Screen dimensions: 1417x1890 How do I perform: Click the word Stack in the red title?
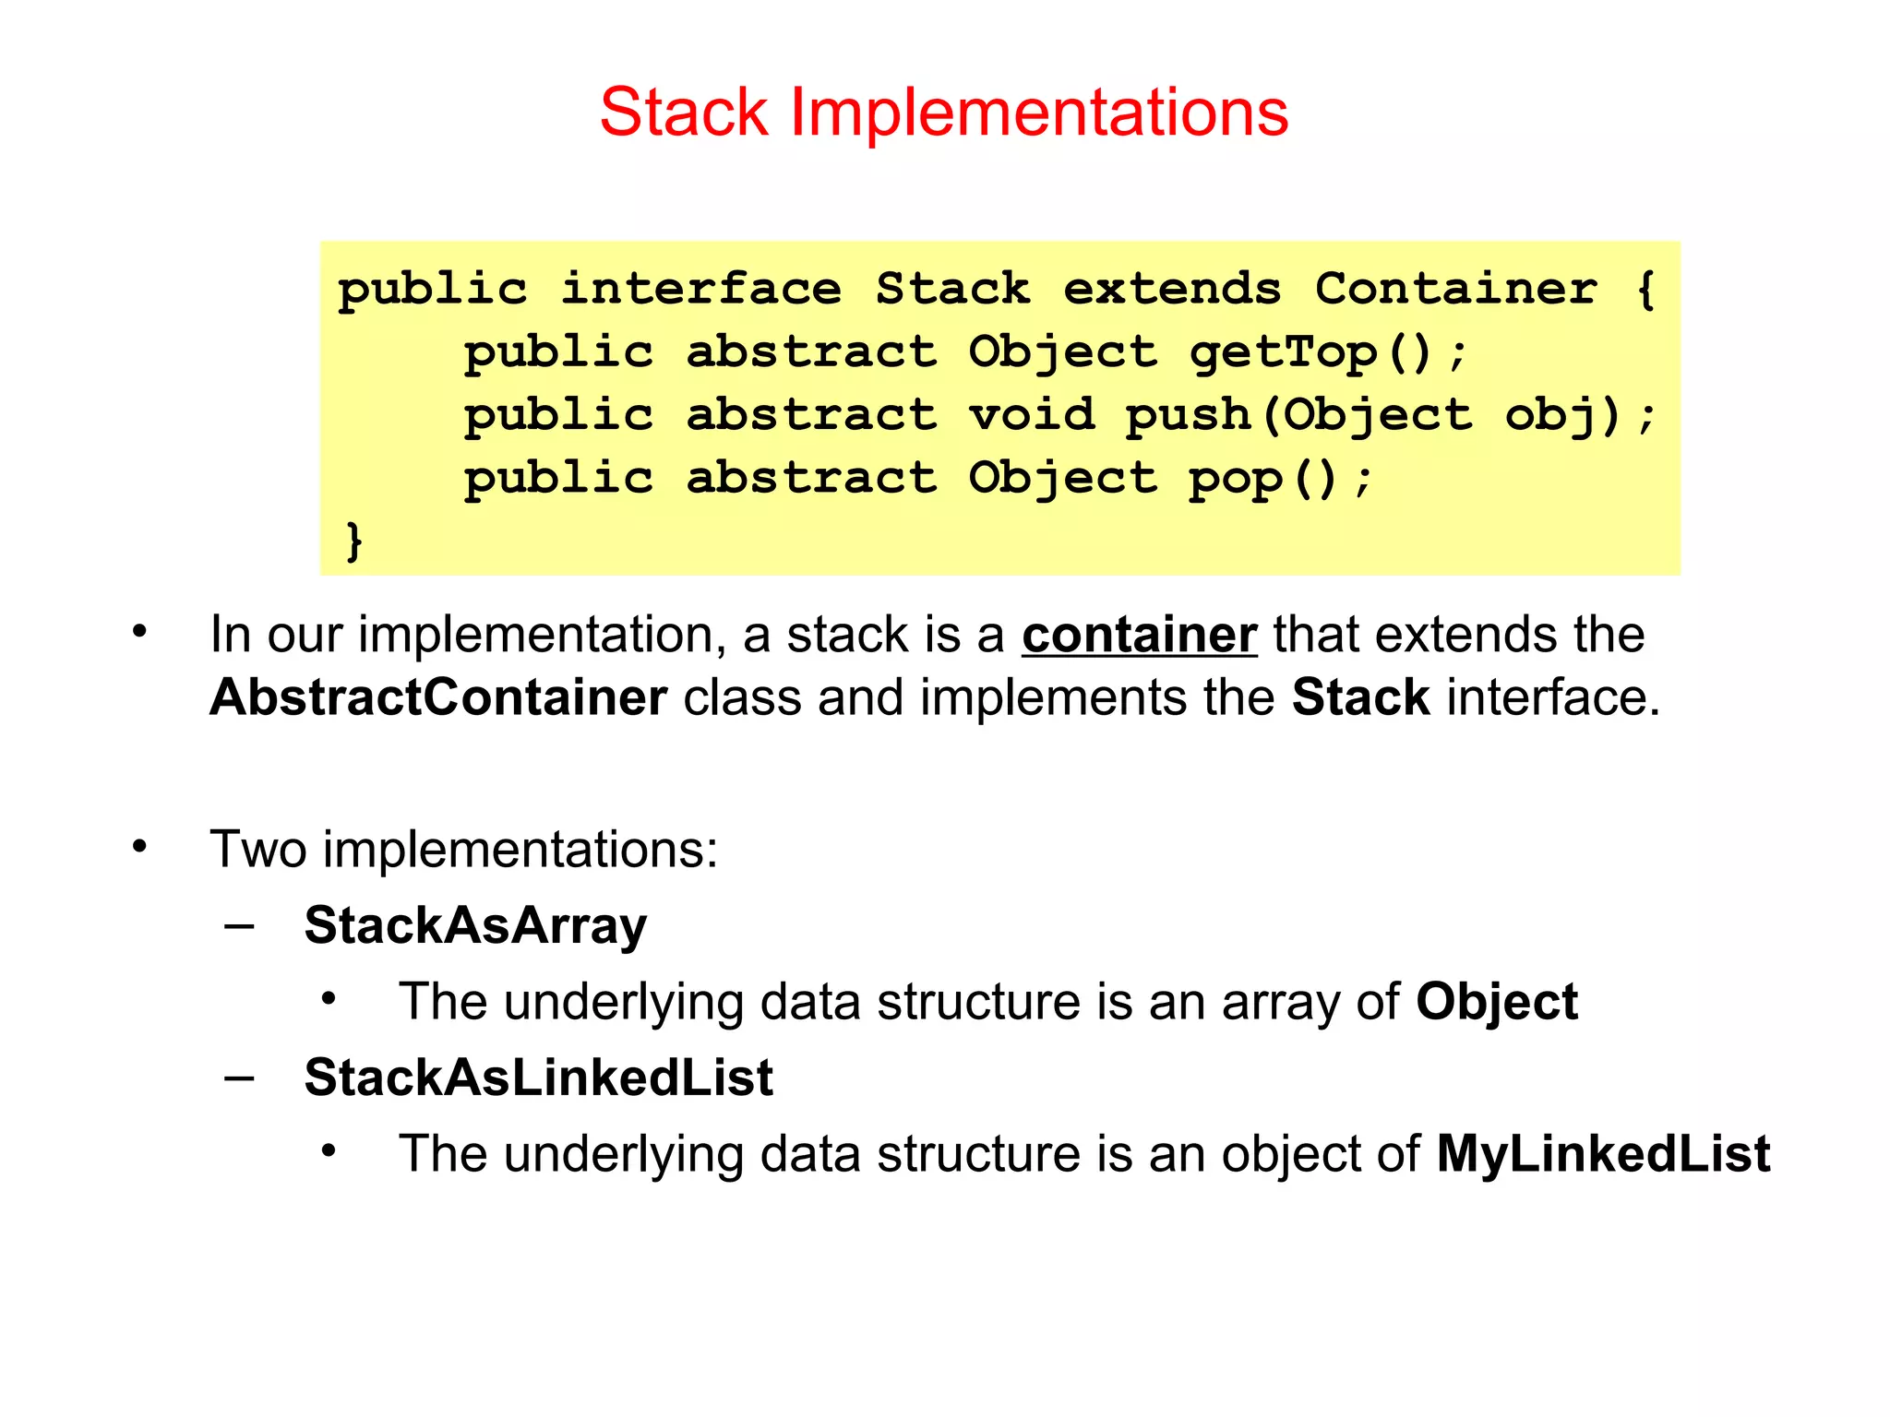click(x=684, y=113)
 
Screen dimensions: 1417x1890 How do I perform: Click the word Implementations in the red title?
click(x=1039, y=113)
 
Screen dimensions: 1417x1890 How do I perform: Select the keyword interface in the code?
click(x=701, y=289)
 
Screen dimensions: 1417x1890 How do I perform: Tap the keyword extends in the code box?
click(x=1172, y=289)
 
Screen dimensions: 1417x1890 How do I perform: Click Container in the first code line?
click(x=1455, y=289)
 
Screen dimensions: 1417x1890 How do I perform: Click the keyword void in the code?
click(x=1032, y=414)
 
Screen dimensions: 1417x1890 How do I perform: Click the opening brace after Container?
click(x=1645, y=289)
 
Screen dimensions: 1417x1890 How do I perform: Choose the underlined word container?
click(x=1139, y=635)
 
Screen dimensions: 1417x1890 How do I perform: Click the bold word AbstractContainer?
click(x=438, y=697)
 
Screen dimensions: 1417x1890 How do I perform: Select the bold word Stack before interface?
click(x=1360, y=697)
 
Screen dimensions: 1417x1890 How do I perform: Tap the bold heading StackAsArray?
click(x=475, y=925)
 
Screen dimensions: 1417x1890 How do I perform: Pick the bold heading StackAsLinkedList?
click(x=539, y=1078)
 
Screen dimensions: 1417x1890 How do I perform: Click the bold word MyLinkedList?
click(x=1603, y=1153)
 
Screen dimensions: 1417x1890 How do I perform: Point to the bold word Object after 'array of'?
click(x=1497, y=1002)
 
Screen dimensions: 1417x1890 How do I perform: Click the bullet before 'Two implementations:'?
click(x=139, y=846)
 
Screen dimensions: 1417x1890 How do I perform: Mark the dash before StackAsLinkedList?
click(x=240, y=1078)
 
